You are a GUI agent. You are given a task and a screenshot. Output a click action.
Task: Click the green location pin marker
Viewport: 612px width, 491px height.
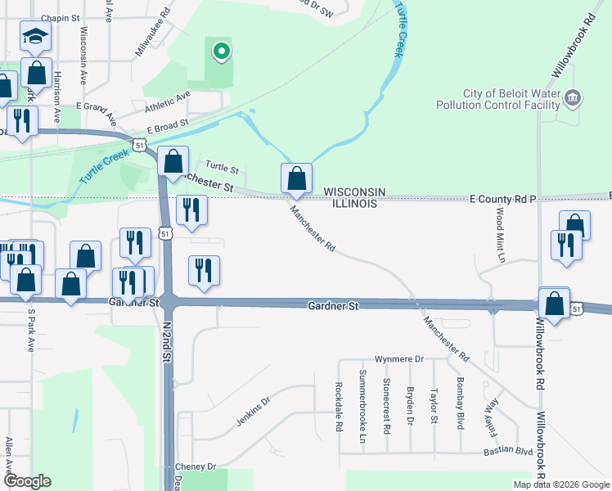click(220, 53)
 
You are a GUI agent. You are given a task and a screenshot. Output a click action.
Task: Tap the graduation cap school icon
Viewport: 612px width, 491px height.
click(35, 36)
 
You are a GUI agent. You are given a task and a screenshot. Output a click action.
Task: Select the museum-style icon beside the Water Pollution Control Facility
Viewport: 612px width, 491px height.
click(574, 98)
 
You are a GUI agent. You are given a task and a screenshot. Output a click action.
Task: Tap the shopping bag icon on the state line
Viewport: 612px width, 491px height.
click(296, 178)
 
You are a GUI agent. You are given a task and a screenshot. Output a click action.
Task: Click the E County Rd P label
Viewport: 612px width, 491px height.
click(502, 199)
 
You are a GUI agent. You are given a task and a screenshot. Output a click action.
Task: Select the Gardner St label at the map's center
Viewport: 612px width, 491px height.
click(334, 305)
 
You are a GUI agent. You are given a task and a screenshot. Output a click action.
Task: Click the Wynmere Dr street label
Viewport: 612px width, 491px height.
click(398, 359)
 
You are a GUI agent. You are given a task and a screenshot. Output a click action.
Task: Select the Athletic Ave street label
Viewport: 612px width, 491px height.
click(167, 102)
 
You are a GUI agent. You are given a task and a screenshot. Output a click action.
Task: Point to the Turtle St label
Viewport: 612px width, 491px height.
click(222, 169)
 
